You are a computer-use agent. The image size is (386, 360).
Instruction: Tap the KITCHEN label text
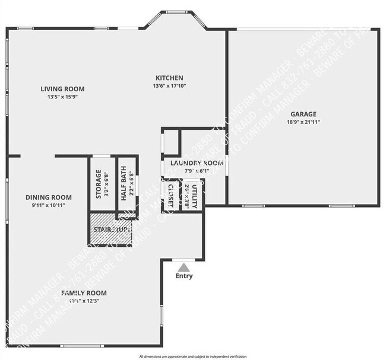click(x=169, y=78)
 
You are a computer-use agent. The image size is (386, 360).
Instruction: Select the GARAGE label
click(x=303, y=114)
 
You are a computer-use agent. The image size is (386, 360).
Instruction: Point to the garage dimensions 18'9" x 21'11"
click(x=303, y=122)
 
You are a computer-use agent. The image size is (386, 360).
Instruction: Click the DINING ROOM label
click(x=48, y=197)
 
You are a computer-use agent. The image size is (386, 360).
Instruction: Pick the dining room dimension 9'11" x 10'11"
click(x=48, y=205)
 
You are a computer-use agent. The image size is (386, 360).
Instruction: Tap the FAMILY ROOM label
click(x=84, y=293)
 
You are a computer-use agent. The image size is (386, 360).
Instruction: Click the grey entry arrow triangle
click(x=184, y=267)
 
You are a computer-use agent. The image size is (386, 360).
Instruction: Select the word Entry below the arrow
click(x=184, y=276)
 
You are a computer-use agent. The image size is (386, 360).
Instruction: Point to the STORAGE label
click(x=99, y=184)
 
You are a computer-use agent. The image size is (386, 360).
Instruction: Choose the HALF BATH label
click(x=124, y=185)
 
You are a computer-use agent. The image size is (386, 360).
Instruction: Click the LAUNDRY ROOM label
click(x=197, y=163)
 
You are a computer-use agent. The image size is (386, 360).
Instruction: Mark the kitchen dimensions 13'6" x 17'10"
click(x=169, y=86)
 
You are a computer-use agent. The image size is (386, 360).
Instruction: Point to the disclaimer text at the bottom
click(x=193, y=356)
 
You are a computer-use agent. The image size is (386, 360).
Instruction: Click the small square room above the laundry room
click(x=171, y=142)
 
